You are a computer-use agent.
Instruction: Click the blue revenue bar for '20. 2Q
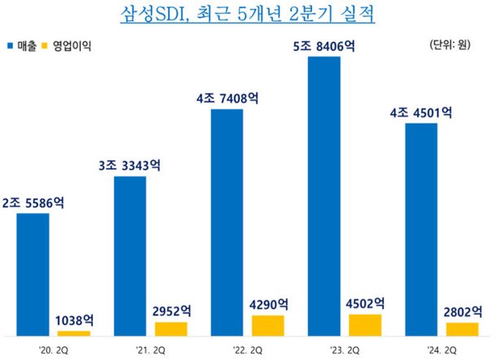[x=33, y=274]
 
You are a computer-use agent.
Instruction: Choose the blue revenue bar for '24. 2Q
[x=420, y=229]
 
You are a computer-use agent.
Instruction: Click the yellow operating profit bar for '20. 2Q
[x=74, y=332]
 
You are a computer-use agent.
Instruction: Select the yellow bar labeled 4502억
[x=364, y=324]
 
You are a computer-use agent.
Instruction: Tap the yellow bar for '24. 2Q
[x=462, y=328]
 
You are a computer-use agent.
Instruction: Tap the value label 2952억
[x=172, y=311]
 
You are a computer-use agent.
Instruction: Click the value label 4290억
[x=268, y=304]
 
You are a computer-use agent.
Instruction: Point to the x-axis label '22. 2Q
[x=247, y=349]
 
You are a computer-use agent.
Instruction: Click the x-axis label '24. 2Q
[x=441, y=349]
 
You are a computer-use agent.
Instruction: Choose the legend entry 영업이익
[x=70, y=46]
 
